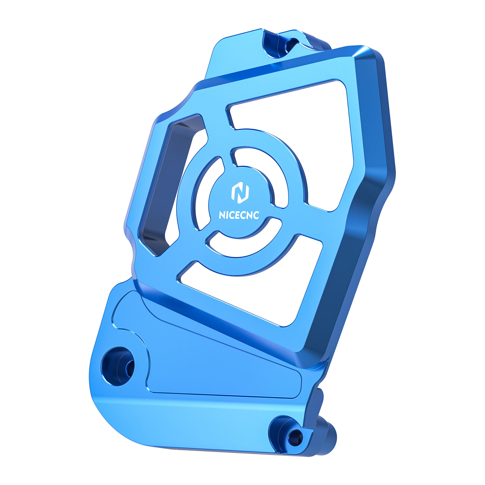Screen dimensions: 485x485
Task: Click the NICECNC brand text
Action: point(239,215)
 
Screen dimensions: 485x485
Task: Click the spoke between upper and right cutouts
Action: point(315,218)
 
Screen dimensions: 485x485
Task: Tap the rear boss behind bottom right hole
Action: point(329,430)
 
